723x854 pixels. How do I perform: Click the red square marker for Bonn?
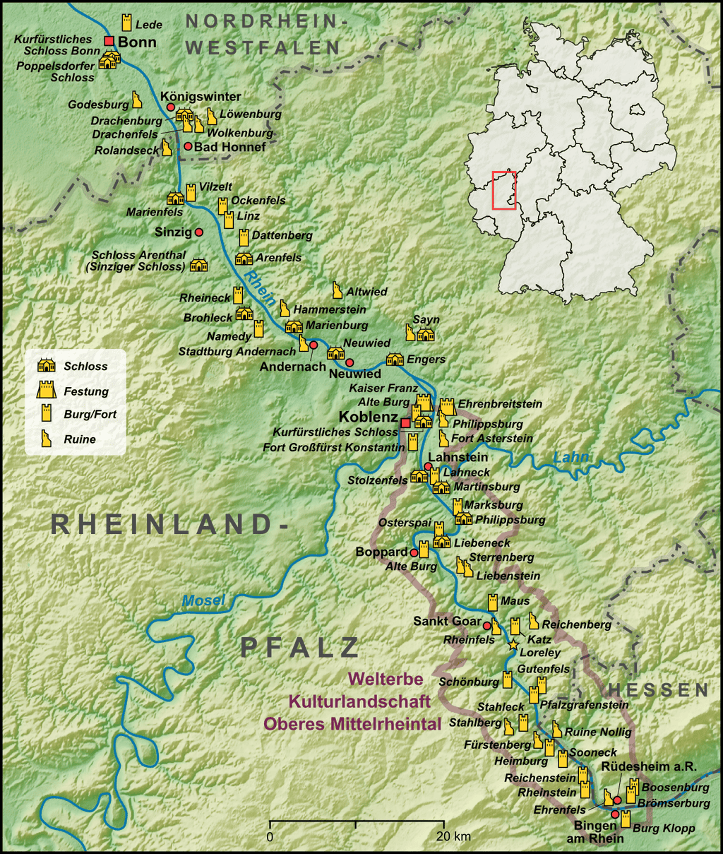[109, 41]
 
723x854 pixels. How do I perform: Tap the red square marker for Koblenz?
[405, 422]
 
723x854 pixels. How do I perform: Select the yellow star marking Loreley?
[513, 644]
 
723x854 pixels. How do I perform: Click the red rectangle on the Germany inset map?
[504, 190]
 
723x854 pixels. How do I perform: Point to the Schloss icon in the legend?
[47, 366]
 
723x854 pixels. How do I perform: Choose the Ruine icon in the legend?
[47, 439]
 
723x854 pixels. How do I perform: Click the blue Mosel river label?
[203, 601]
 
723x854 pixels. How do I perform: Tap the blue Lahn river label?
[570, 458]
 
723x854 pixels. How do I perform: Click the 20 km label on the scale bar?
[453, 837]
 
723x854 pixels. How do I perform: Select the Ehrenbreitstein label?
[500, 404]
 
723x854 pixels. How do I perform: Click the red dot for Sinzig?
[199, 232]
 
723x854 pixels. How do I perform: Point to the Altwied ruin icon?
[337, 290]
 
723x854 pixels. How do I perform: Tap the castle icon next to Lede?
[127, 21]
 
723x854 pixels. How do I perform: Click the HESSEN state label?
[657, 690]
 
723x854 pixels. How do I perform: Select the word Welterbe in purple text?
[386, 680]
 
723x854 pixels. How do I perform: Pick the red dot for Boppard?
[414, 552]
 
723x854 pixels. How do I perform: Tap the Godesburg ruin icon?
[137, 99]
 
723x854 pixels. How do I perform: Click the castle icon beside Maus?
[493, 603]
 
